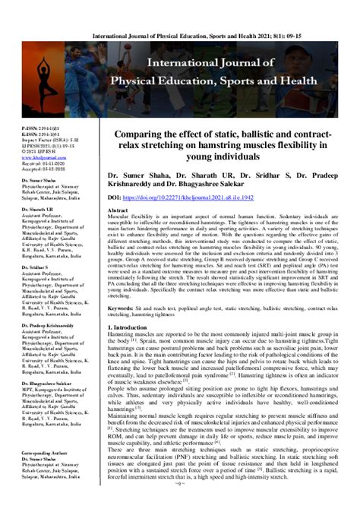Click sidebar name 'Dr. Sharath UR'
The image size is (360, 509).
[x=24, y=187]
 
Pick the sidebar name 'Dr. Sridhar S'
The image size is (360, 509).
[x=22, y=247]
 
